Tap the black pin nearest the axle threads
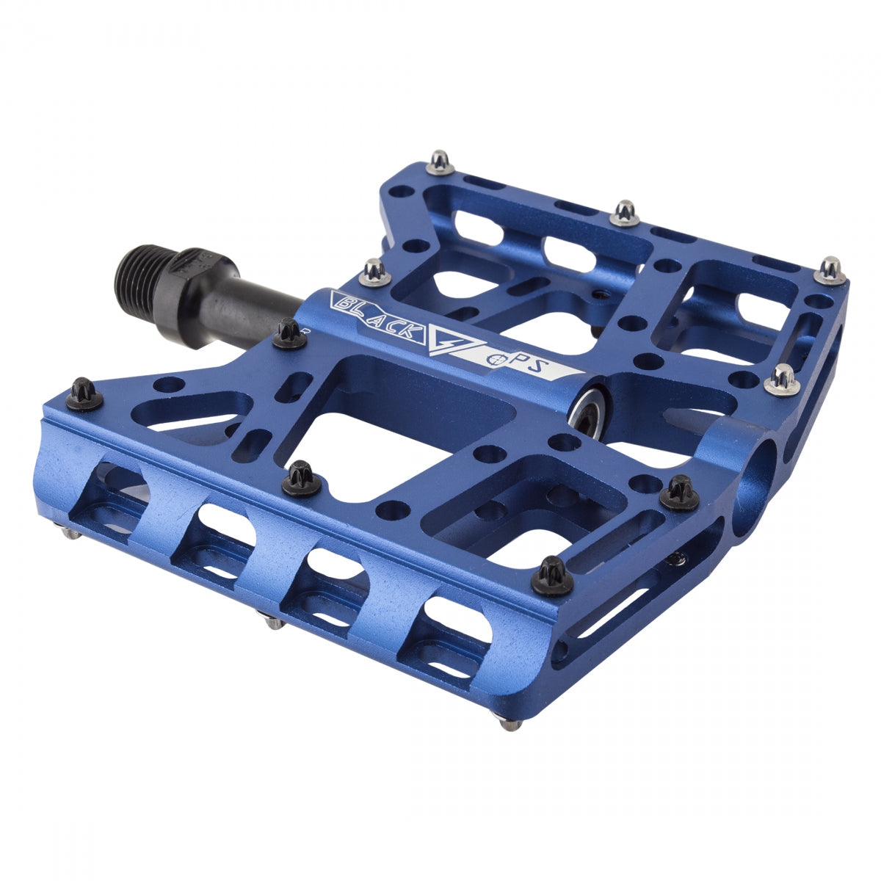click(x=289, y=333)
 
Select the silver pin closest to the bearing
click(x=783, y=380)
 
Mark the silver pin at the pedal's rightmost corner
click(x=831, y=270)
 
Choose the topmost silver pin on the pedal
click(x=440, y=162)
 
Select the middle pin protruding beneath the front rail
click(x=273, y=622)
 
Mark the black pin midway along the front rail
click(x=301, y=478)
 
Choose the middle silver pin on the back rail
click(x=625, y=212)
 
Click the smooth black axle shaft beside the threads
click(x=242, y=301)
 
